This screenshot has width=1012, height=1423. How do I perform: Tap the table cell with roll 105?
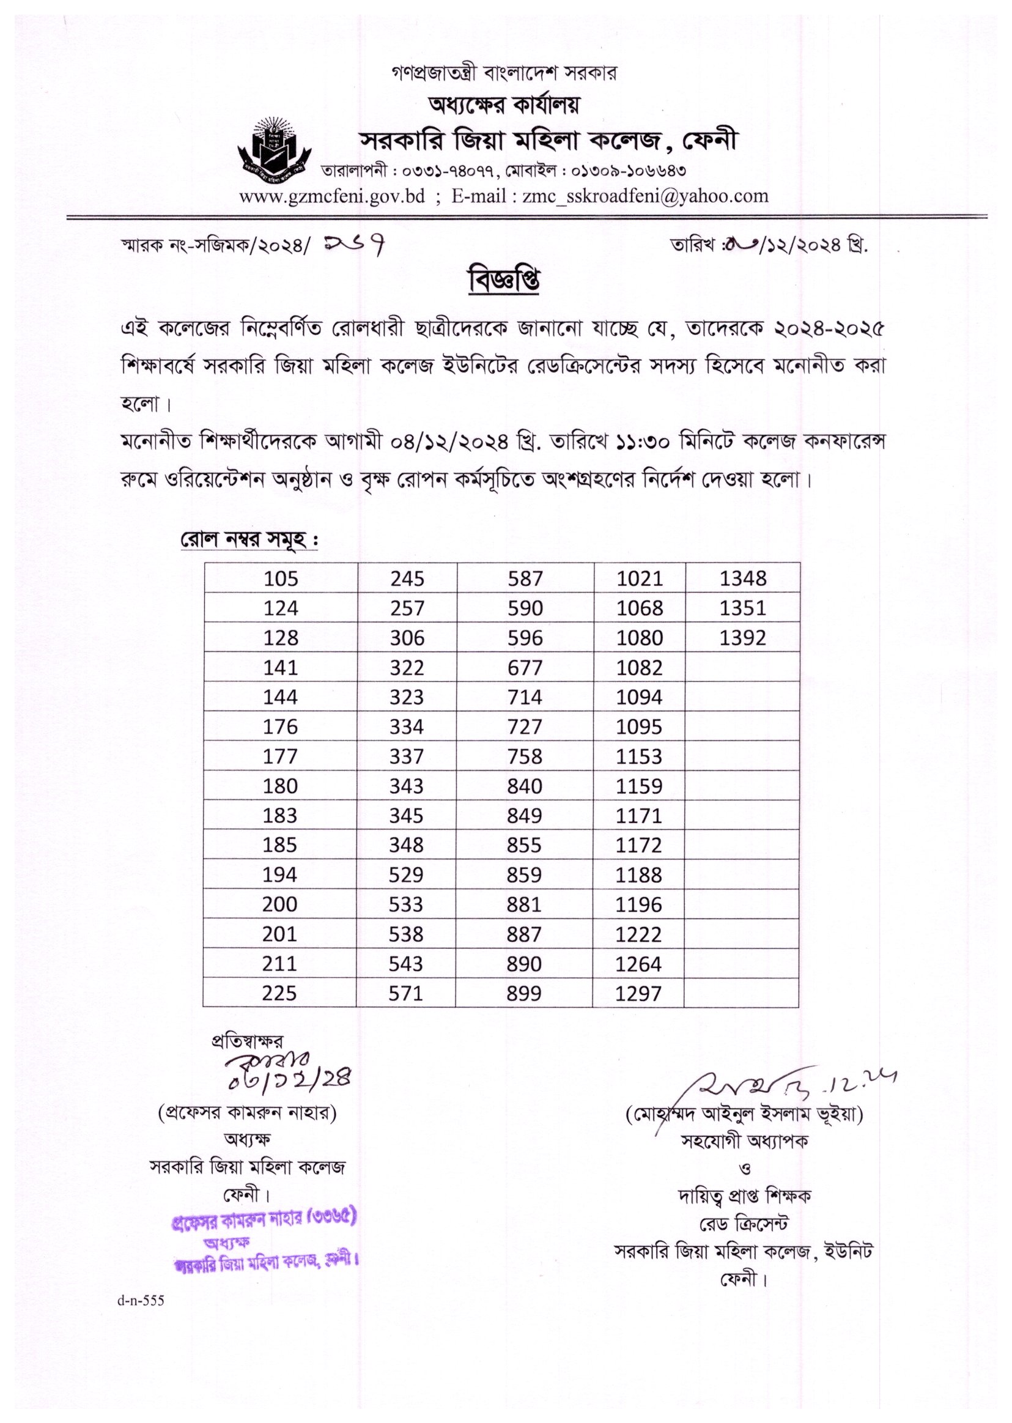coord(281,578)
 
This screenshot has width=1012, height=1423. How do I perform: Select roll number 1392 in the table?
coord(742,637)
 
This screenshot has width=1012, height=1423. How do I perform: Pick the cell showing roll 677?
coord(525,667)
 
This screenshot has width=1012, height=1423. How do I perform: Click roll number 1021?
coord(640,578)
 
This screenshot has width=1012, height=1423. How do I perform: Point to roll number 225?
coord(279,992)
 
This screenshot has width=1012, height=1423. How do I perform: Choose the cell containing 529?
coord(405,874)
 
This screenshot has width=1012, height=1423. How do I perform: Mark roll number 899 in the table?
coord(523,992)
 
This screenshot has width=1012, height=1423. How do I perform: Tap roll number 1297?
coord(638,992)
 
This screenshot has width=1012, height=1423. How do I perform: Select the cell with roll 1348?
coord(742,578)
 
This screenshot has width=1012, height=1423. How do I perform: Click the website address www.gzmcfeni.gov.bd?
coord(332,196)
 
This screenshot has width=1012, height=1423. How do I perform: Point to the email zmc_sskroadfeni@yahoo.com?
coord(645,196)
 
